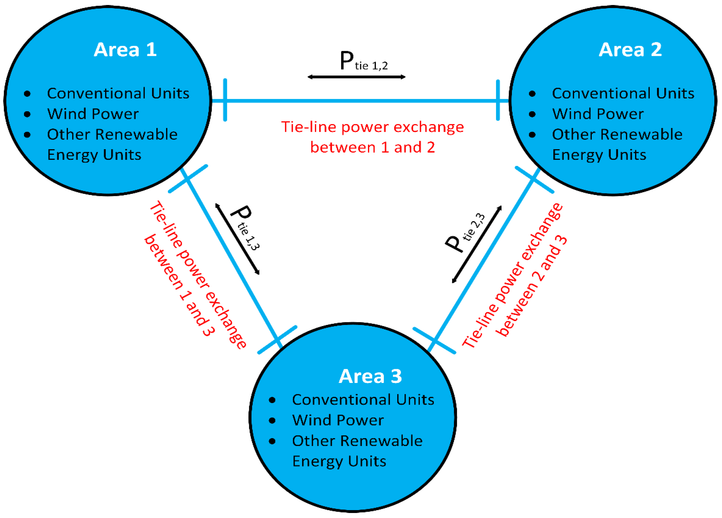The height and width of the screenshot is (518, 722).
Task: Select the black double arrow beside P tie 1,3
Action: tap(238, 239)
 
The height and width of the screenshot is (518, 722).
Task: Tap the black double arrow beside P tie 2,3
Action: tap(477, 244)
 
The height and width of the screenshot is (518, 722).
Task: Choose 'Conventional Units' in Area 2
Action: tap(623, 93)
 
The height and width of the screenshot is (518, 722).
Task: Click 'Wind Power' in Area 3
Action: tap(338, 420)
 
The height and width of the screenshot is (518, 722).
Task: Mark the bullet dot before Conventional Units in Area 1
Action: tap(27, 94)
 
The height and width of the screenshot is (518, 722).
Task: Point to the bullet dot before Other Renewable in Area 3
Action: tap(272, 441)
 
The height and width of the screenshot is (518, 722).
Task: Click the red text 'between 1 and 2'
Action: tap(372, 147)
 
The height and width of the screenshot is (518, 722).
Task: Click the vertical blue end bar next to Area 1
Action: tap(225, 100)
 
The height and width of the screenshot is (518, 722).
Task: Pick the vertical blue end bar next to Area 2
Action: tap(498, 100)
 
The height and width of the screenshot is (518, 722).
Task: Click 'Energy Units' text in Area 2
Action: tap(599, 155)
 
